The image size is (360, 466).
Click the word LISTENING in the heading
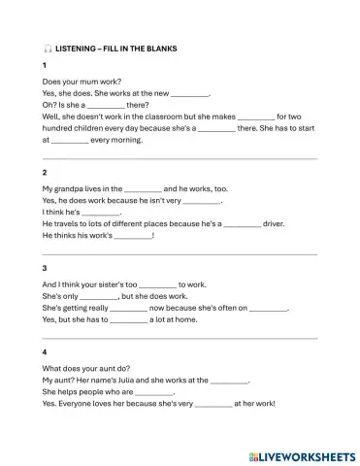(x=78, y=49)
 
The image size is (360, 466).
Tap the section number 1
(x=45, y=65)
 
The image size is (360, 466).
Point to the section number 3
(x=45, y=268)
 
